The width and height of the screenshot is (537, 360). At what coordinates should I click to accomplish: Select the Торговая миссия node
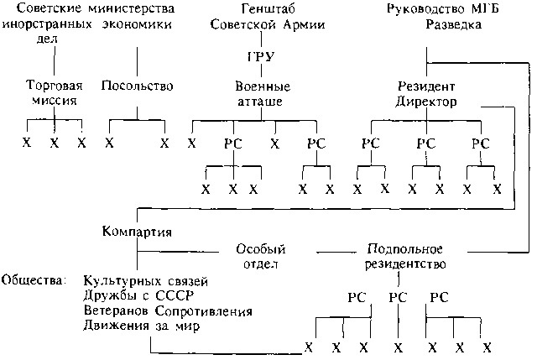tap(55, 93)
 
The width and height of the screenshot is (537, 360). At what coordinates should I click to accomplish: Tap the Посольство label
tap(137, 86)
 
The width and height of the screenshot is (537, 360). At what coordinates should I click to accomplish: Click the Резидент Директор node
tap(426, 93)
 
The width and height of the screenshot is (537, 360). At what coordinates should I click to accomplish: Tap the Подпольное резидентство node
tap(404, 256)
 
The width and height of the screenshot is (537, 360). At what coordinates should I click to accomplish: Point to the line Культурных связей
tap(145, 279)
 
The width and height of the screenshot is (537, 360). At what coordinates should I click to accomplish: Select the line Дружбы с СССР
tap(133, 295)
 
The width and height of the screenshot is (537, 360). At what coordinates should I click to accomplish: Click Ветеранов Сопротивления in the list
tap(168, 311)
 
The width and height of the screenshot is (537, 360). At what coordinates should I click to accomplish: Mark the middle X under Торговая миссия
tap(55, 143)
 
